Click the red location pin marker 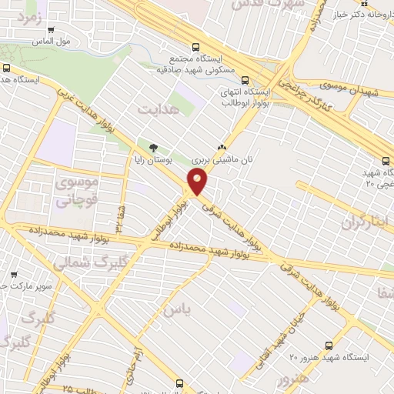[199, 182]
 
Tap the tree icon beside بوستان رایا [153, 146]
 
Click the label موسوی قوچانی [74, 193]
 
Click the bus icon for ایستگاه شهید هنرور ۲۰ [329, 346]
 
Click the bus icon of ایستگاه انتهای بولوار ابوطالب [245, 78]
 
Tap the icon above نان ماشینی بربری [222, 146]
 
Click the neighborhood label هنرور [293, 379]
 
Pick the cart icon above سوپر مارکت [14, 275]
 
